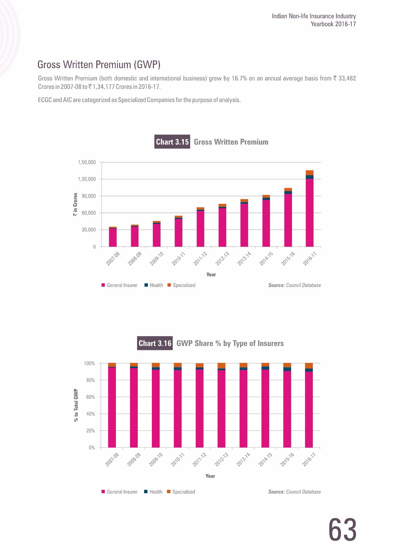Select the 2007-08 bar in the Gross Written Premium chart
pos(112,237)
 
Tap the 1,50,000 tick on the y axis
pos(86,162)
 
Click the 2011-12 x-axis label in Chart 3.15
pos(201,259)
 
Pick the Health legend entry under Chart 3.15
pos(154,285)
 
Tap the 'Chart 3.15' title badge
pos(172,142)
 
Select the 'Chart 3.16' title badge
pos(155,343)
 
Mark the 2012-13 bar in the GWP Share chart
pos(221,408)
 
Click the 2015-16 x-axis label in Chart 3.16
pos(288,460)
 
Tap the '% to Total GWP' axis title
pos(76,405)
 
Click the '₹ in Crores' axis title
pos(75,204)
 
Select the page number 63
pos(342,530)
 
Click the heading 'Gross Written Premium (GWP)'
pos(99,65)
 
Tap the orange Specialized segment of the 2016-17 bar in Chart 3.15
pos(309,172)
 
